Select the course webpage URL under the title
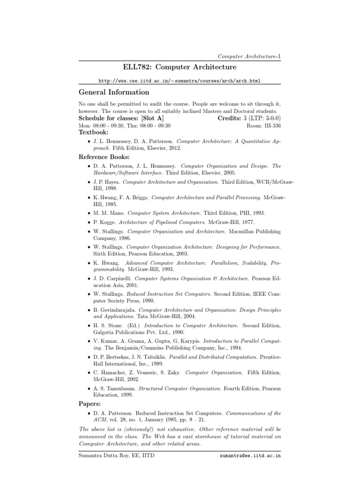pos(180,81)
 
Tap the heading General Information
pos(113,92)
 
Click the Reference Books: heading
pos(104,157)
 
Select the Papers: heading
pos(91,403)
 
